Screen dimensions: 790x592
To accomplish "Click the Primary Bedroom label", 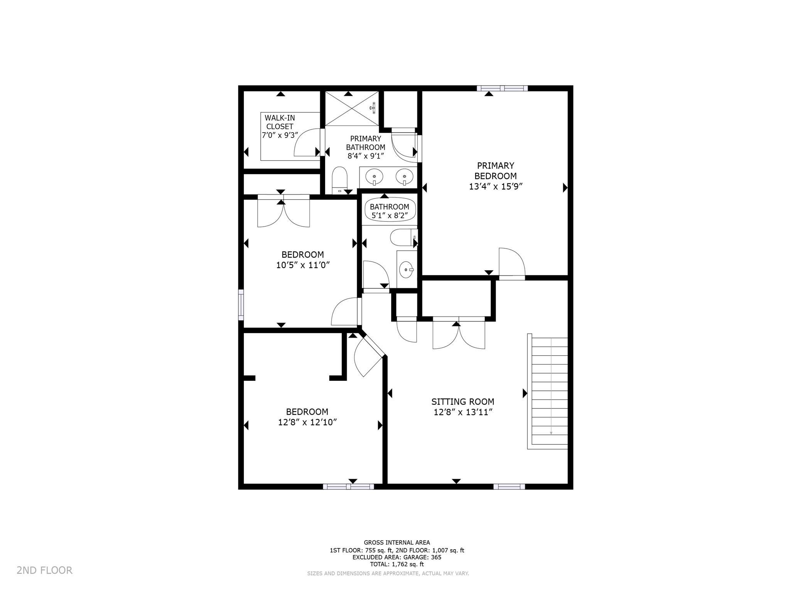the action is pyautogui.click(x=495, y=171).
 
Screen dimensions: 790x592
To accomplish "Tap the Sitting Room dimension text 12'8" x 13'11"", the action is pyautogui.click(x=463, y=412).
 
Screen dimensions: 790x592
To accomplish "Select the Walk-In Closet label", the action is pyautogui.click(x=280, y=122).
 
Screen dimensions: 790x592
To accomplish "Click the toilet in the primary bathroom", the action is pyautogui.click(x=340, y=180).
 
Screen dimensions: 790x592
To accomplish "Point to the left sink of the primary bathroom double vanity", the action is pyautogui.click(x=374, y=177).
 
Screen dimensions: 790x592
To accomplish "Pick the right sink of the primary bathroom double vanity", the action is pyautogui.click(x=404, y=177).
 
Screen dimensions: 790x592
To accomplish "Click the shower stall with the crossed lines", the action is pyautogui.click(x=352, y=108).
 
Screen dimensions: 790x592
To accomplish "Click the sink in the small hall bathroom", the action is pyautogui.click(x=407, y=269).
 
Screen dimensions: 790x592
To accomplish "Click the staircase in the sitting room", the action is pyautogui.click(x=548, y=391).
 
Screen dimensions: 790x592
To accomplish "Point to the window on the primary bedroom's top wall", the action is pyautogui.click(x=502, y=88).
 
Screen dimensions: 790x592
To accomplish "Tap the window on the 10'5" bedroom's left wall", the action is pyautogui.click(x=241, y=304).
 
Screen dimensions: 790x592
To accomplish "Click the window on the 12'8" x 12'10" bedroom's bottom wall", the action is pyautogui.click(x=348, y=486).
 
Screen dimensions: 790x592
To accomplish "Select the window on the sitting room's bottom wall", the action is pyautogui.click(x=509, y=486).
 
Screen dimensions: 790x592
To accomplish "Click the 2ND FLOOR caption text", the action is pyautogui.click(x=44, y=570).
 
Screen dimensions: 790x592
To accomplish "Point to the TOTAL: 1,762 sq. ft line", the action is pyautogui.click(x=397, y=564).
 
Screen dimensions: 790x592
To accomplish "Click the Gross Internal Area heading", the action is pyautogui.click(x=397, y=543).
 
